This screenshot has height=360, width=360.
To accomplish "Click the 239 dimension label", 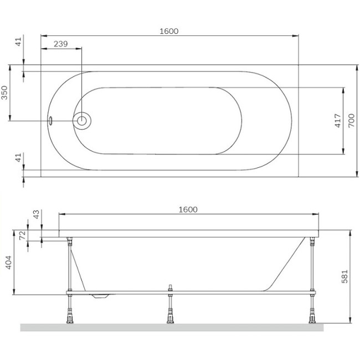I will pos(61,45).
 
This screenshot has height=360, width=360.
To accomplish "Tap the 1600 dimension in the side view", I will pos(188,209).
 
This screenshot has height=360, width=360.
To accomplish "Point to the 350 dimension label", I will pos(5,93).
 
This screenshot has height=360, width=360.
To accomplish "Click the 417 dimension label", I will pos(338,121).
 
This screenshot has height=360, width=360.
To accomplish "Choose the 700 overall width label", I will pos(350,121).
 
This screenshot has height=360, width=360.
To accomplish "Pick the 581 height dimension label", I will pos(344,275).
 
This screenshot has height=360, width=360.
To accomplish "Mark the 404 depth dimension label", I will pos(7,261).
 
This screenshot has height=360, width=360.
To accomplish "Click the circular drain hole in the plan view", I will pos(83,121).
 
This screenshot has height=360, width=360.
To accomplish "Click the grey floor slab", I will pos(172,327).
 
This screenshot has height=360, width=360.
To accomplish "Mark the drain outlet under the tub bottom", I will pos(102,296).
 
